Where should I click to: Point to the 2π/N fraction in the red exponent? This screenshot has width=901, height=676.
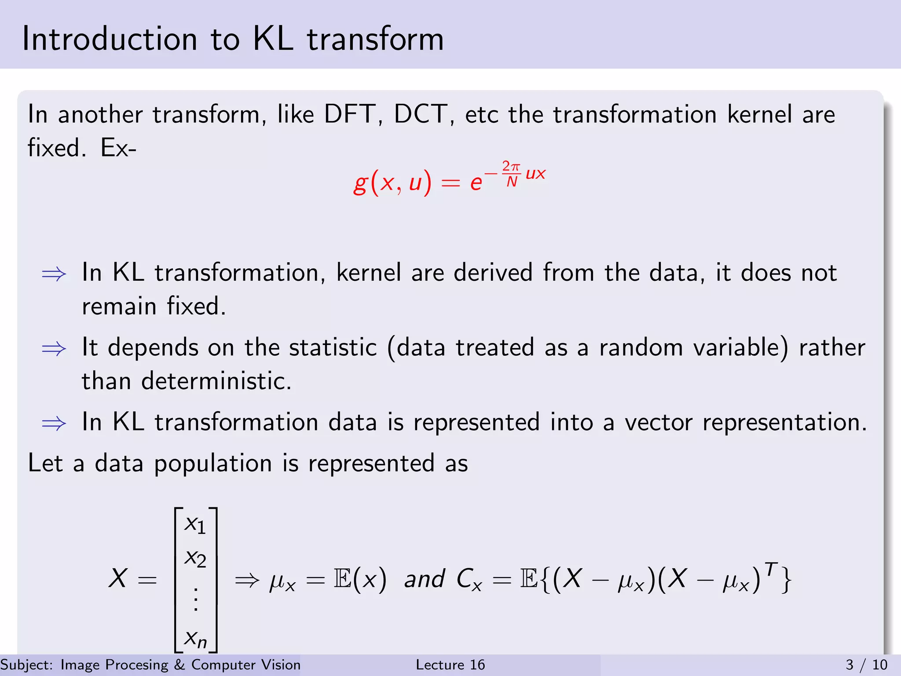pos(511,174)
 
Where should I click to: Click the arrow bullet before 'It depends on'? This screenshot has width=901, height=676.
pos(54,349)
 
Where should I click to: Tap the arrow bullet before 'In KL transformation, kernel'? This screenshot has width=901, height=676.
pos(54,274)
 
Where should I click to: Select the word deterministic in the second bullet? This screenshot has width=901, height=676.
pos(216,381)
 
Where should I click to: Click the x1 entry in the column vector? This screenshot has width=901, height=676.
pos(195,525)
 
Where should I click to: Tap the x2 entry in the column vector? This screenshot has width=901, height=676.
pos(195,558)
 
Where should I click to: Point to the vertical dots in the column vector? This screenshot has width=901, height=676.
pos(196,599)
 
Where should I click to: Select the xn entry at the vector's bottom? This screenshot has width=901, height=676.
pos(195,639)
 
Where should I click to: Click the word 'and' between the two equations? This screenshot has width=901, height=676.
pos(424,578)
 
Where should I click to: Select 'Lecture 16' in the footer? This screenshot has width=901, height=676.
pos(450,665)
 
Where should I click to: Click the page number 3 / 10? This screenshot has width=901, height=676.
pos(866,665)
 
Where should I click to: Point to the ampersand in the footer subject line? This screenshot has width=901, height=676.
pos(179,665)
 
